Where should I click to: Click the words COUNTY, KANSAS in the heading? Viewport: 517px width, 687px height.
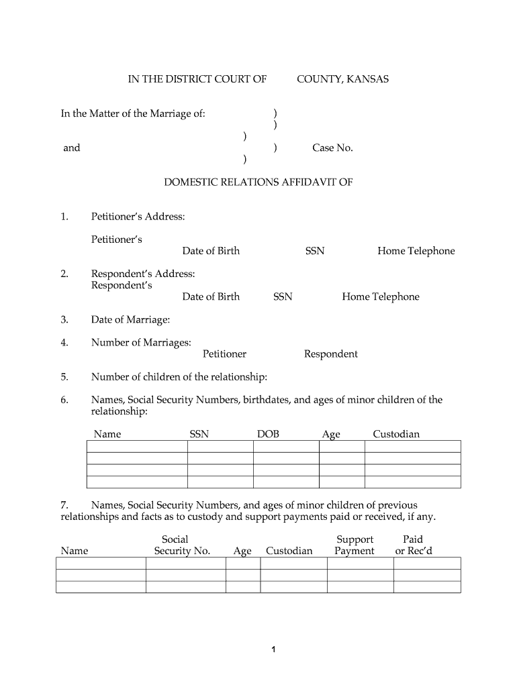(x=342, y=79)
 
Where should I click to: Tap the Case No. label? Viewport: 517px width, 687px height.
(x=332, y=148)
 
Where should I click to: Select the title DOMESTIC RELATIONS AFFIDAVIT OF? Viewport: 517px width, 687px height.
(x=258, y=182)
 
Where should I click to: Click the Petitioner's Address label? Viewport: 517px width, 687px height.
(x=138, y=217)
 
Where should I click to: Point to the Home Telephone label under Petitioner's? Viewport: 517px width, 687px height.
(x=416, y=251)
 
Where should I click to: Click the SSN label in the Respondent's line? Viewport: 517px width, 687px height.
(x=283, y=297)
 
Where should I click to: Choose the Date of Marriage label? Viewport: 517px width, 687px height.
(x=130, y=320)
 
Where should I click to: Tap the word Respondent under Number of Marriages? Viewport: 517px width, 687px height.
(x=330, y=354)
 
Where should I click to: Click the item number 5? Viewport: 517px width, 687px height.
(x=64, y=376)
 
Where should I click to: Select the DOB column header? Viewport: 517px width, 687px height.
(x=268, y=434)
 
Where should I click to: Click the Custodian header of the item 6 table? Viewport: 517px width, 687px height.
(x=396, y=434)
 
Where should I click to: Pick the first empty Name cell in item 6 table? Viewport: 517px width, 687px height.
(x=137, y=446)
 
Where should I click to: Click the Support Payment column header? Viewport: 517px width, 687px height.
(x=355, y=545)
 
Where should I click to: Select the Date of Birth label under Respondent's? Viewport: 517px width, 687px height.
(x=211, y=297)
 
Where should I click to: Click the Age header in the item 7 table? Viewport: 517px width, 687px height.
(x=242, y=551)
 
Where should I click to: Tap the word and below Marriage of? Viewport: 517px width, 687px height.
(x=71, y=148)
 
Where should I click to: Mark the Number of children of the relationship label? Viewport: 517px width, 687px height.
(x=179, y=376)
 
